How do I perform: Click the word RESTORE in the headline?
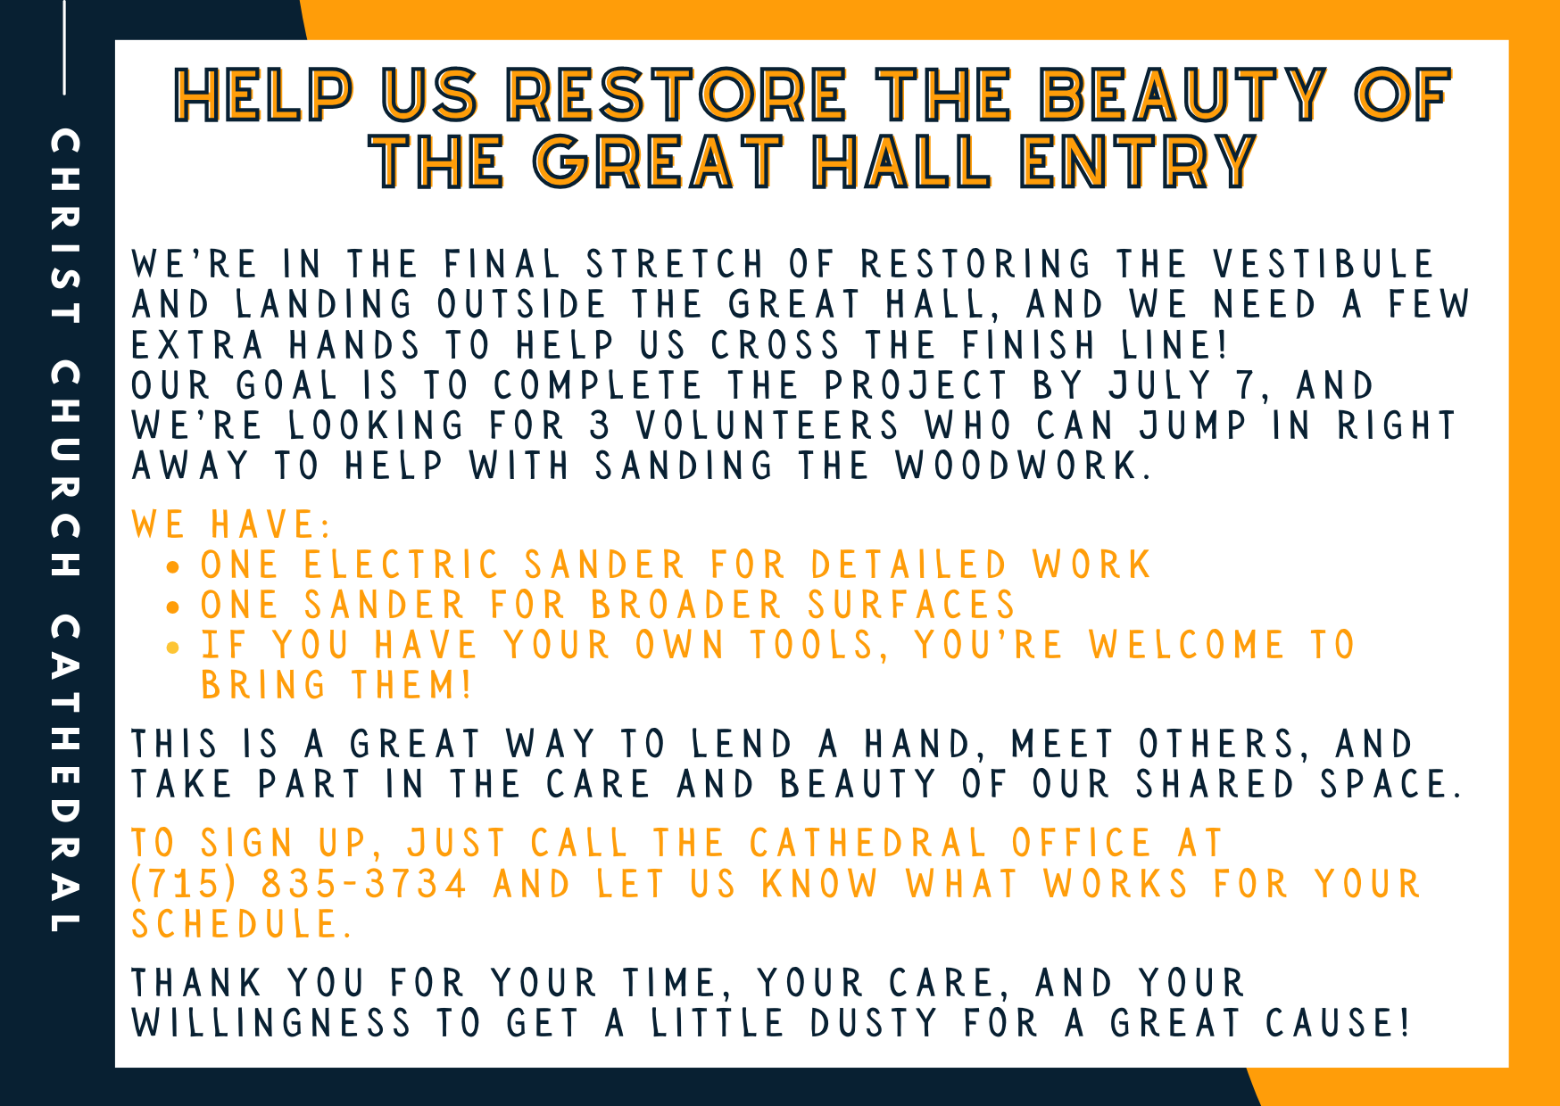(676, 95)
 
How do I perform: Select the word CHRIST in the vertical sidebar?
(65, 226)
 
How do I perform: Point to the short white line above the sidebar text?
(64, 46)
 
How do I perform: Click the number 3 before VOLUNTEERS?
(600, 426)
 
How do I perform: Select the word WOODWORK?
(1017, 466)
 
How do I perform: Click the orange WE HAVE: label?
(231, 524)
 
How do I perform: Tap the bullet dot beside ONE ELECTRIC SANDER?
(173, 566)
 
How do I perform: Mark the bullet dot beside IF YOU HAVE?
(173, 647)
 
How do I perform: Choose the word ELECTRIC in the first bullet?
(401, 565)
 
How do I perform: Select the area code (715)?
(184, 884)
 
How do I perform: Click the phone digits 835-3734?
(363, 884)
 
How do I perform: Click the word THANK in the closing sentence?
(196, 983)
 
